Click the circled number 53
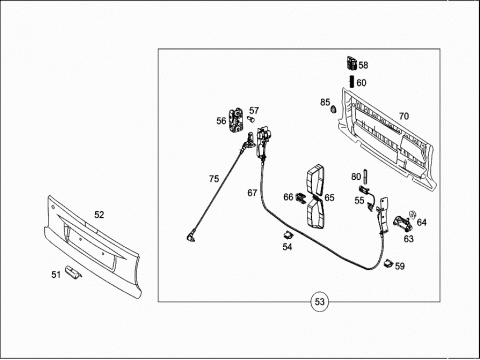pyautogui.click(x=319, y=302)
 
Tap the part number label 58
pyautogui.click(x=363, y=65)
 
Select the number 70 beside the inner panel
pyautogui.click(x=404, y=116)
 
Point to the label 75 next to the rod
pyautogui.click(x=214, y=179)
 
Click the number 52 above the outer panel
pyautogui.click(x=99, y=215)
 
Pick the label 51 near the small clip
pyautogui.click(x=56, y=275)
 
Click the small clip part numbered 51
pyautogui.click(x=73, y=271)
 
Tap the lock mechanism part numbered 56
pyautogui.click(x=236, y=121)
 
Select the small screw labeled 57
pyautogui.click(x=251, y=119)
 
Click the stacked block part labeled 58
pyautogui.click(x=352, y=63)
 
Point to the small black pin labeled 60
pyautogui.click(x=351, y=82)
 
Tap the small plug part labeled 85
pyautogui.click(x=333, y=109)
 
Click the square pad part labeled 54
pyautogui.click(x=287, y=235)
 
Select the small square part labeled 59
pyautogui.click(x=388, y=263)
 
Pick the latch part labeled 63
pyautogui.click(x=403, y=223)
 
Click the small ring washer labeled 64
pyautogui.click(x=413, y=214)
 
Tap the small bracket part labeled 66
pyautogui.click(x=301, y=198)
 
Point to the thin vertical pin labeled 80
pyautogui.click(x=365, y=177)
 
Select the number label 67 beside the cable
pyautogui.click(x=252, y=193)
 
